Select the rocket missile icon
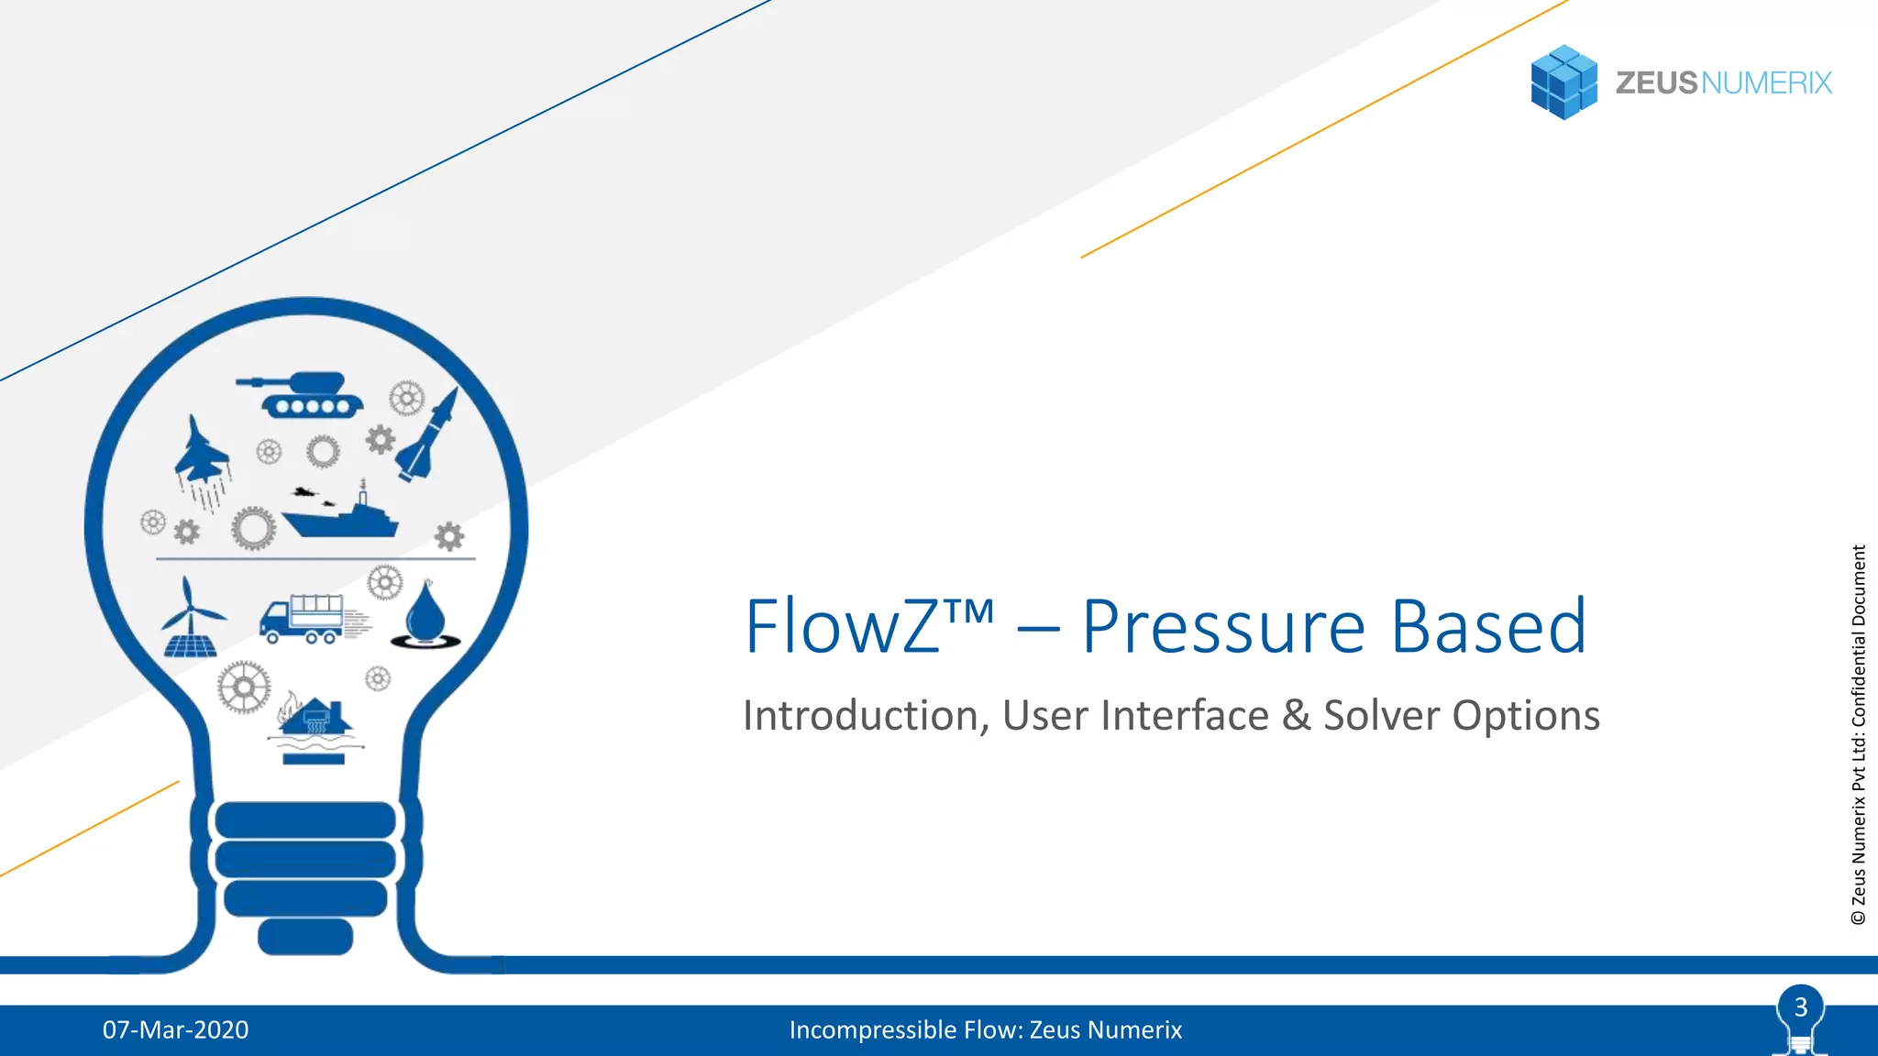click(428, 436)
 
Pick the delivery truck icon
click(304, 618)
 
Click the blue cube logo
click(1564, 82)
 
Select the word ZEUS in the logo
click(1656, 83)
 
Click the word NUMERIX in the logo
click(1766, 83)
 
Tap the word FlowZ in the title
click(842, 627)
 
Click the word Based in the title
click(1488, 627)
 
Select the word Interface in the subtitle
click(1185, 716)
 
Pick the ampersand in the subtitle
click(1297, 716)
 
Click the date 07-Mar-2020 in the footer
click(175, 1030)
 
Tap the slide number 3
click(1801, 1007)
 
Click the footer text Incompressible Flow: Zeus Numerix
click(985, 1030)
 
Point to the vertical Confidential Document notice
click(1859, 733)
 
